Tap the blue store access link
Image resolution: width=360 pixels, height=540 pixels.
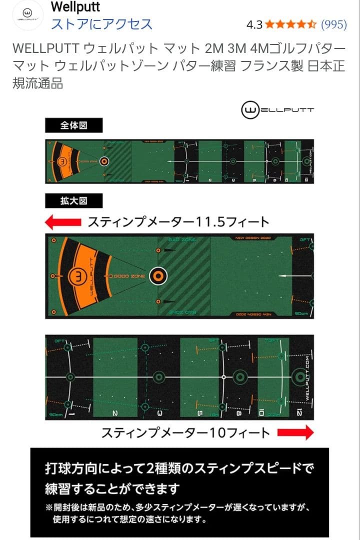(101, 23)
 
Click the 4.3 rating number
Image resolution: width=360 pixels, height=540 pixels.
(254, 24)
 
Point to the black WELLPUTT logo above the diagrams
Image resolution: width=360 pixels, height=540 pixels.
(277, 110)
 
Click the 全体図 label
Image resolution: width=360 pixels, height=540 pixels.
(73, 125)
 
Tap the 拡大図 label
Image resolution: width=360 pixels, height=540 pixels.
(73, 201)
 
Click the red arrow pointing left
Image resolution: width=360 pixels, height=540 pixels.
(63, 221)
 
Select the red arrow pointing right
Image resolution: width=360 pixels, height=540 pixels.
(295, 432)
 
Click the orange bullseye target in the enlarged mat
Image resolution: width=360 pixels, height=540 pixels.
(157, 275)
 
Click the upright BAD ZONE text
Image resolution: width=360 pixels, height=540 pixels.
(182, 240)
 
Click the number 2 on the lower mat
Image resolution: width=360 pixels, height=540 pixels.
(115, 413)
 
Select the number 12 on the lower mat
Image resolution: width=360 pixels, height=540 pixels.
(299, 413)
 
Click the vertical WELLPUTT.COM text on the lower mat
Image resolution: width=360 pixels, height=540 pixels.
(304, 380)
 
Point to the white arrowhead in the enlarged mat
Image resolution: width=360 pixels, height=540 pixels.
(280, 275)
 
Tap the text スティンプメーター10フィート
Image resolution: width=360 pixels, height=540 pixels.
(185, 432)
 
